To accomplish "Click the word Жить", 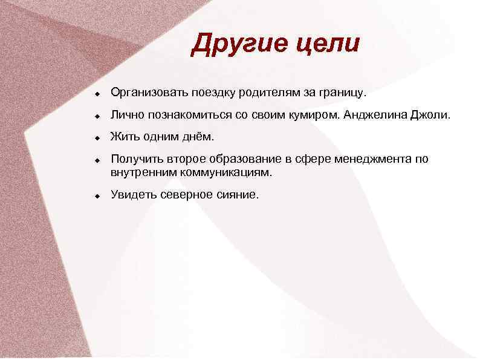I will click(123, 137).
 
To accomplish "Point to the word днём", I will click(198, 137).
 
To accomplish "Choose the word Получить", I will click(135, 160).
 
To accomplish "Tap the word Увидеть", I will click(133, 194).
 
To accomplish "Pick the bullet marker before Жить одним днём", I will click(96, 139).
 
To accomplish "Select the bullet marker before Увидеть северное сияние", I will click(96, 197).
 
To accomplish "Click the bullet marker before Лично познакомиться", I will click(96, 117).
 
